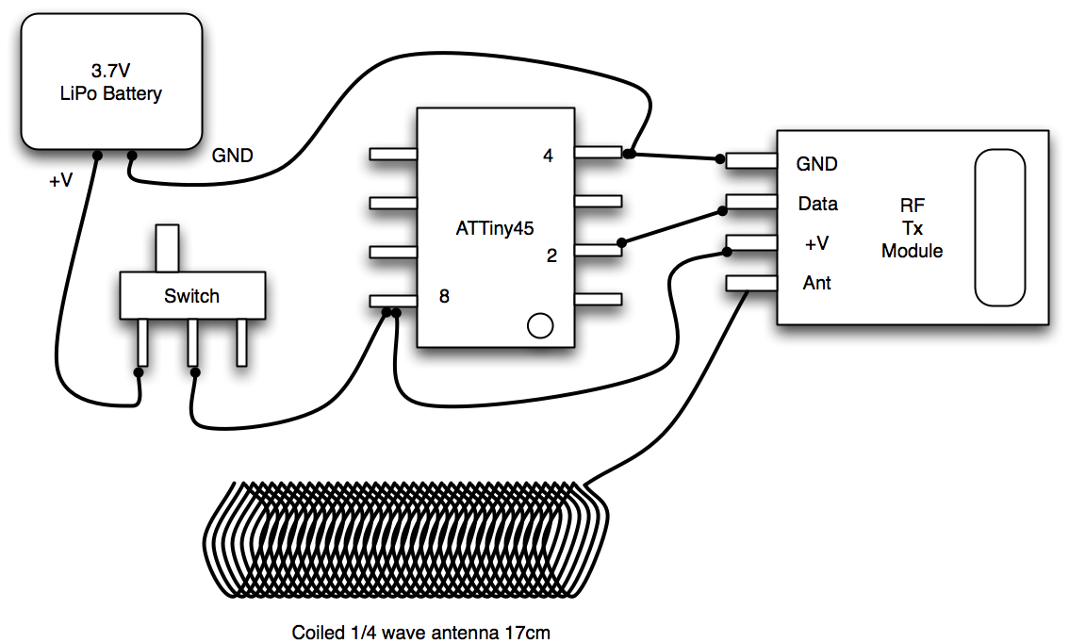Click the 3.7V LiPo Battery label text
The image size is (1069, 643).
(x=111, y=82)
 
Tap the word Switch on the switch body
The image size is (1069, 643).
(x=191, y=296)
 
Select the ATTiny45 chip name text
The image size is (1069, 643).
(x=494, y=228)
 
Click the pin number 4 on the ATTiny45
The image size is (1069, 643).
(x=548, y=156)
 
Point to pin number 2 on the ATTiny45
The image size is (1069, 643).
(x=551, y=256)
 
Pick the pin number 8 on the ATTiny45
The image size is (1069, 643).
(x=444, y=296)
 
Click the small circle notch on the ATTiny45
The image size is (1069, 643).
(x=540, y=326)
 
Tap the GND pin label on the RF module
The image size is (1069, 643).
(x=816, y=164)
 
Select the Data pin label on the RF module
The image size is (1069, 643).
(x=817, y=204)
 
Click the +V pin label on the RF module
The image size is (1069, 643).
(x=816, y=243)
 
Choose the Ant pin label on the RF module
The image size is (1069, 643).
(x=816, y=283)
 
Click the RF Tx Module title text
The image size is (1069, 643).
(x=913, y=228)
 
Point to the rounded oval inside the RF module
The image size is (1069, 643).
(x=999, y=228)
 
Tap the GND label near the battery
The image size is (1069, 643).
(x=233, y=156)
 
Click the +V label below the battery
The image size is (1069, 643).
(x=60, y=181)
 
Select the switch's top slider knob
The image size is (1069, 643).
(x=168, y=248)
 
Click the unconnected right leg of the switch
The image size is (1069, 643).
(x=241, y=343)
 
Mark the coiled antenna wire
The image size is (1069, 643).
(x=405, y=538)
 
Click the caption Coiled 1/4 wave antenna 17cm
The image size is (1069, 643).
(x=420, y=633)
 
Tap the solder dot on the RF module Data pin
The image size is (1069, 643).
(x=722, y=212)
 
